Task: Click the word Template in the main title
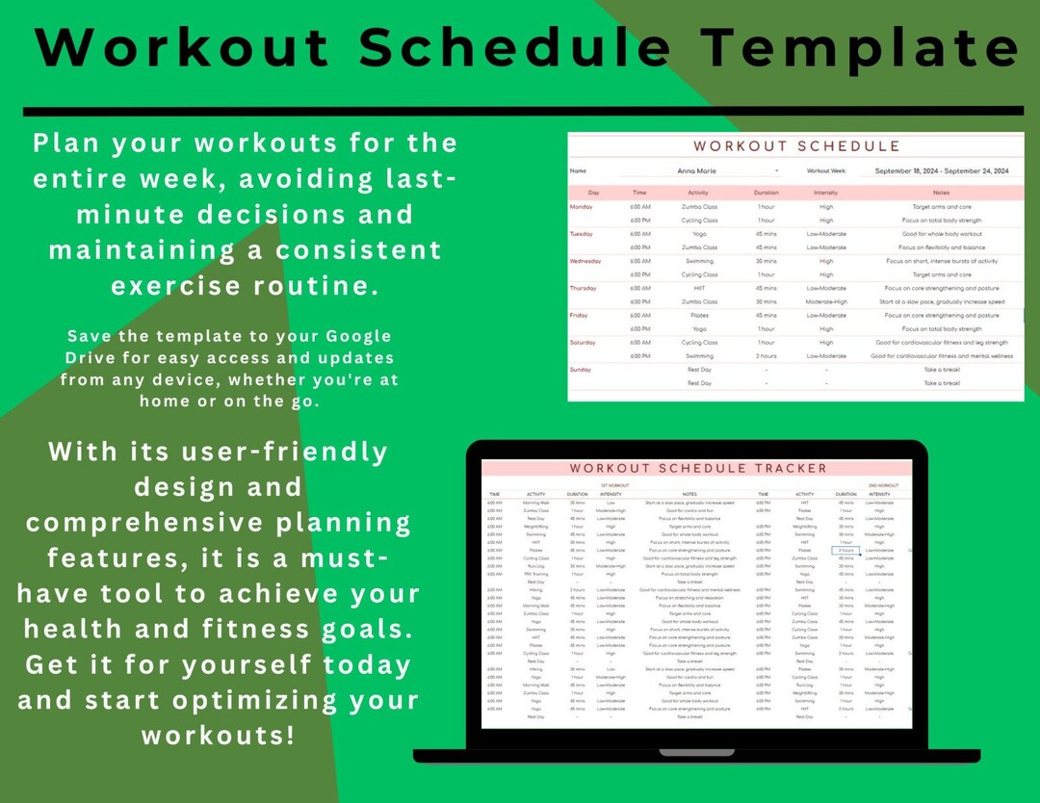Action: pyautogui.click(x=859, y=46)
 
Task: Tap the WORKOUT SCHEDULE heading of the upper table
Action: pyautogui.click(x=796, y=146)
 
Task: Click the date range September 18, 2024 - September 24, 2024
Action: pyautogui.click(x=934, y=171)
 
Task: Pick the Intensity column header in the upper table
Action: pyautogui.click(x=825, y=193)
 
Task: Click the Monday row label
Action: pyautogui.click(x=583, y=206)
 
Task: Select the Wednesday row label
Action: pyautogui.click(x=586, y=261)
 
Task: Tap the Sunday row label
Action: pyautogui.click(x=582, y=370)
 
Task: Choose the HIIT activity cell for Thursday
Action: pyautogui.click(x=700, y=288)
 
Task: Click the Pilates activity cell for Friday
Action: pyautogui.click(x=700, y=315)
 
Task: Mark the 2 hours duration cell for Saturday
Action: pyautogui.click(x=767, y=356)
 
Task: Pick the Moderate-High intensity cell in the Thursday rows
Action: pyautogui.click(x=825, y=301)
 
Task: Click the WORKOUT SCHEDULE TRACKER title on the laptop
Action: pyautogui.click(x=697, y=469)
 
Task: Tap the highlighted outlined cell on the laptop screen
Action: pyautogui.click(x=845, y=551)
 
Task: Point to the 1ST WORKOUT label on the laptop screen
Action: pyautogui.click(x=614, y=485)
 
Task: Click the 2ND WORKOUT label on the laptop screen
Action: pyautogui.click(x=883, y=485)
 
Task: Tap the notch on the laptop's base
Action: pyautogui.click(x=696, y=752)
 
